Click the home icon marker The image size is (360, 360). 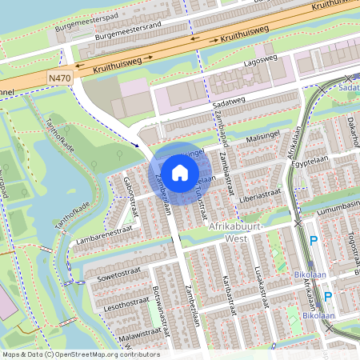coord(180,172)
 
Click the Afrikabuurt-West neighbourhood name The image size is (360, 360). coord(238,233)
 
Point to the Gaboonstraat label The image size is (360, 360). coord(130,191)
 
